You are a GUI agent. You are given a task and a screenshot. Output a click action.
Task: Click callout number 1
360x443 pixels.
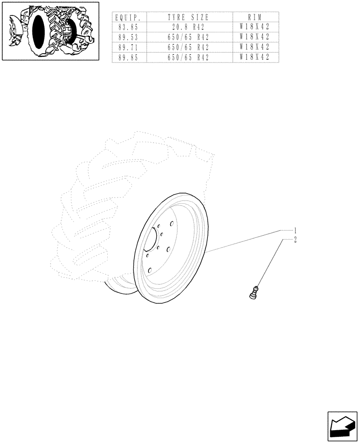(295, 231)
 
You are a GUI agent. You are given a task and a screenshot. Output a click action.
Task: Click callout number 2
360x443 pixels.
(295, 240)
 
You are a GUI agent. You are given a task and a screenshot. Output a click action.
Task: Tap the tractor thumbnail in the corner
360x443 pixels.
(51, 31)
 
